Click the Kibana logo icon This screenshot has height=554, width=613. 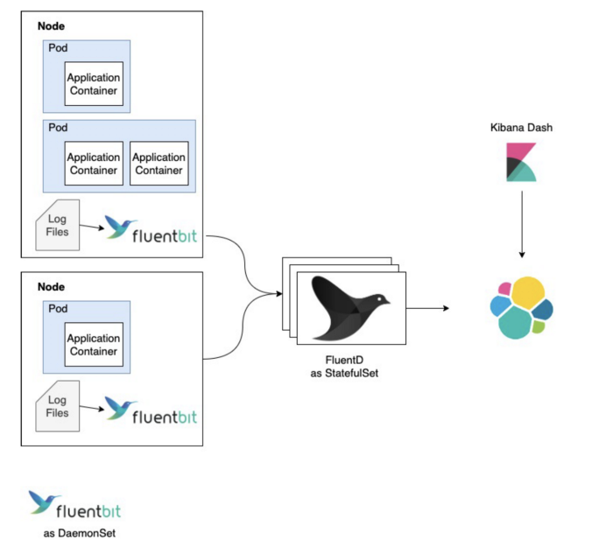[521, 162]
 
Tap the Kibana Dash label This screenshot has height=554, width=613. [521, 128]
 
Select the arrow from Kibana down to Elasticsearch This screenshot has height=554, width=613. [522, 224]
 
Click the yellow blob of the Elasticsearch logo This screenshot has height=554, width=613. [528, 293]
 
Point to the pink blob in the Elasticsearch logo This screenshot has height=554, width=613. [504, 289]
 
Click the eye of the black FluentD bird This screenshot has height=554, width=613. [379, 298]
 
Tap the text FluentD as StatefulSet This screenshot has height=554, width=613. [344, 367]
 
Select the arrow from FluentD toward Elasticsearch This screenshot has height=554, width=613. [427, 308]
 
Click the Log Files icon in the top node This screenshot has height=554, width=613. [58, 225]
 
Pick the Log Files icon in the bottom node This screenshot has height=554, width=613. [58, 406]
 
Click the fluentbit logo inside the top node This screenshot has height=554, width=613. [151, 229]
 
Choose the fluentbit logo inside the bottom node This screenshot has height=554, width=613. [151, 410]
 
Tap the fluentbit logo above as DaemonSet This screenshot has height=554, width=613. [74, 505]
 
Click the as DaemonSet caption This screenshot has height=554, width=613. [80, 533]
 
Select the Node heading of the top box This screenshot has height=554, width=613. [51, 26]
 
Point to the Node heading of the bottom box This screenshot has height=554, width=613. [51, 287]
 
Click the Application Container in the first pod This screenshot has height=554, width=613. [94, 84]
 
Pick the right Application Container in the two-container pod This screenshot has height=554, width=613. [159, 164]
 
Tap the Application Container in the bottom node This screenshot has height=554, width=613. [94, 345]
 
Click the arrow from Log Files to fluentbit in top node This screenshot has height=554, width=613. [92, 227]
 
